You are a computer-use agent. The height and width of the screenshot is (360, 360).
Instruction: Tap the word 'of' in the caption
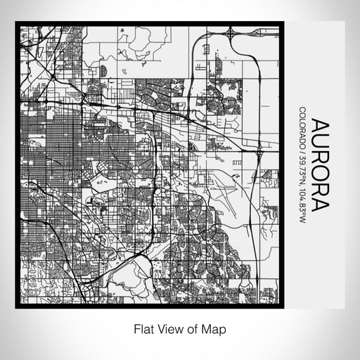(x=194, y=328)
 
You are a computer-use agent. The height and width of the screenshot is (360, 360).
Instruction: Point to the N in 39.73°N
(x=302, y=184)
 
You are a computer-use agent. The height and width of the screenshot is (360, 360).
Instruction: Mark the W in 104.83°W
(x=302, y=224)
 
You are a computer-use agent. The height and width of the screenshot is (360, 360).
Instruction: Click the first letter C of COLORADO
(x=302, y=109)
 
